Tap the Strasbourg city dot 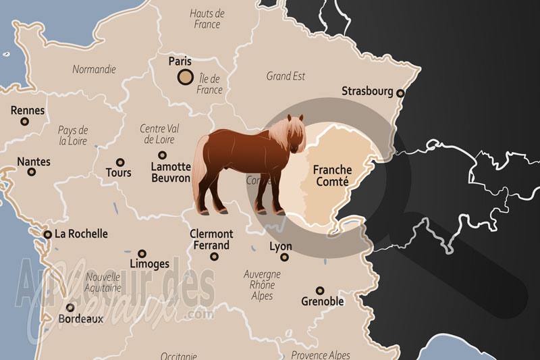click(x=400, y=93)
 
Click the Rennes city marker click(x=25, y=122)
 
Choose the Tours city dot click(x=119, y=162)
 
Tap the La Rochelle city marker click(x=47, y=234)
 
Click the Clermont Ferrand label click(x=212, y=240)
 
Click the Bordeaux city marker click(x=70, y=307)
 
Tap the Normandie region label click(x=93, y=69)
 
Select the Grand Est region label click(x=286, y=76)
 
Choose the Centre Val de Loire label click(x=157, y=134)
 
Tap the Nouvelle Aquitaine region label click(x=102, y=282)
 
